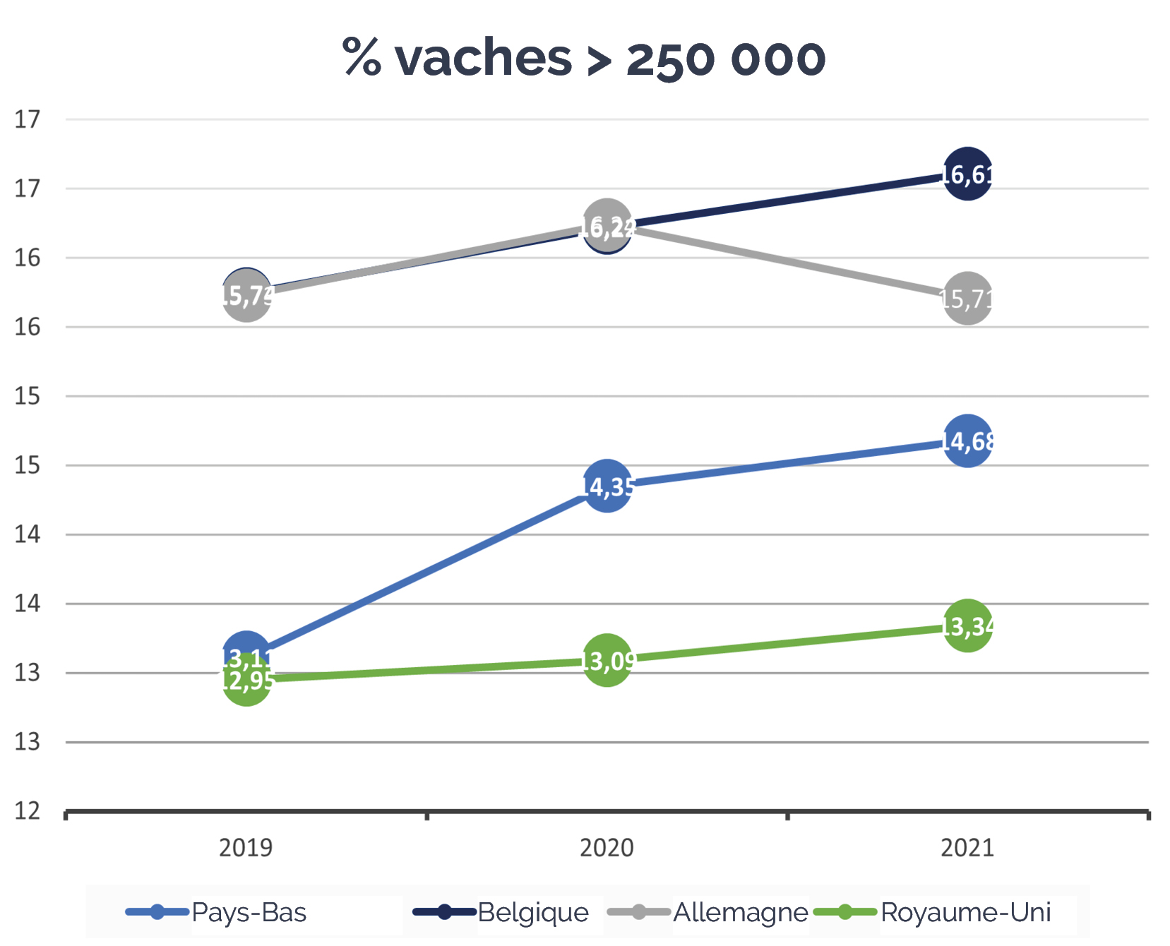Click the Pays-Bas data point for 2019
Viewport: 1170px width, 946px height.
(x=246, y=651)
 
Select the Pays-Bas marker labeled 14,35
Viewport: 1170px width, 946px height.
(x=607, y=486)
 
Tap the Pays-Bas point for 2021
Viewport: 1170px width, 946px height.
(x=967, y=441)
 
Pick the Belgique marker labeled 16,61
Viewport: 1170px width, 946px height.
(x=967, y=174)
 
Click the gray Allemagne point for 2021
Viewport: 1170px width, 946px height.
(x=967, y=298)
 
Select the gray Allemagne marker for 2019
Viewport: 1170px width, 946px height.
(x=246, y=297)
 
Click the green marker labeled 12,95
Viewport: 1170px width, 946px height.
(x=246, y=681)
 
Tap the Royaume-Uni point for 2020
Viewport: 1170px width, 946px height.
(x=607, y=661)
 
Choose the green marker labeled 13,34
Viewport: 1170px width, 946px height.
(x=967, y=625)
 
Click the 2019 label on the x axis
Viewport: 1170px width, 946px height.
(x=246, y=847)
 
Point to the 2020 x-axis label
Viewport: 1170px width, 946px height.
(x=607, y=847)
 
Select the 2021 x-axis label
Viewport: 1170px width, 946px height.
(x=967, y=847)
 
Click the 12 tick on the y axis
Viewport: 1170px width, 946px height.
(x=28, y=811)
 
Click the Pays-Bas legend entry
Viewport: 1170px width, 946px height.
(x=249, y=912)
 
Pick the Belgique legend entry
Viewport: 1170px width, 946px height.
(x=532, y=912)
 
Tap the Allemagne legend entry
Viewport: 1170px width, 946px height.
(x=740, y=912)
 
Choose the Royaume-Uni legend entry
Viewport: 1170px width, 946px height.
(x=965, y=912)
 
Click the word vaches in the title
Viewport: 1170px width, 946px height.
(x=483, y=58)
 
